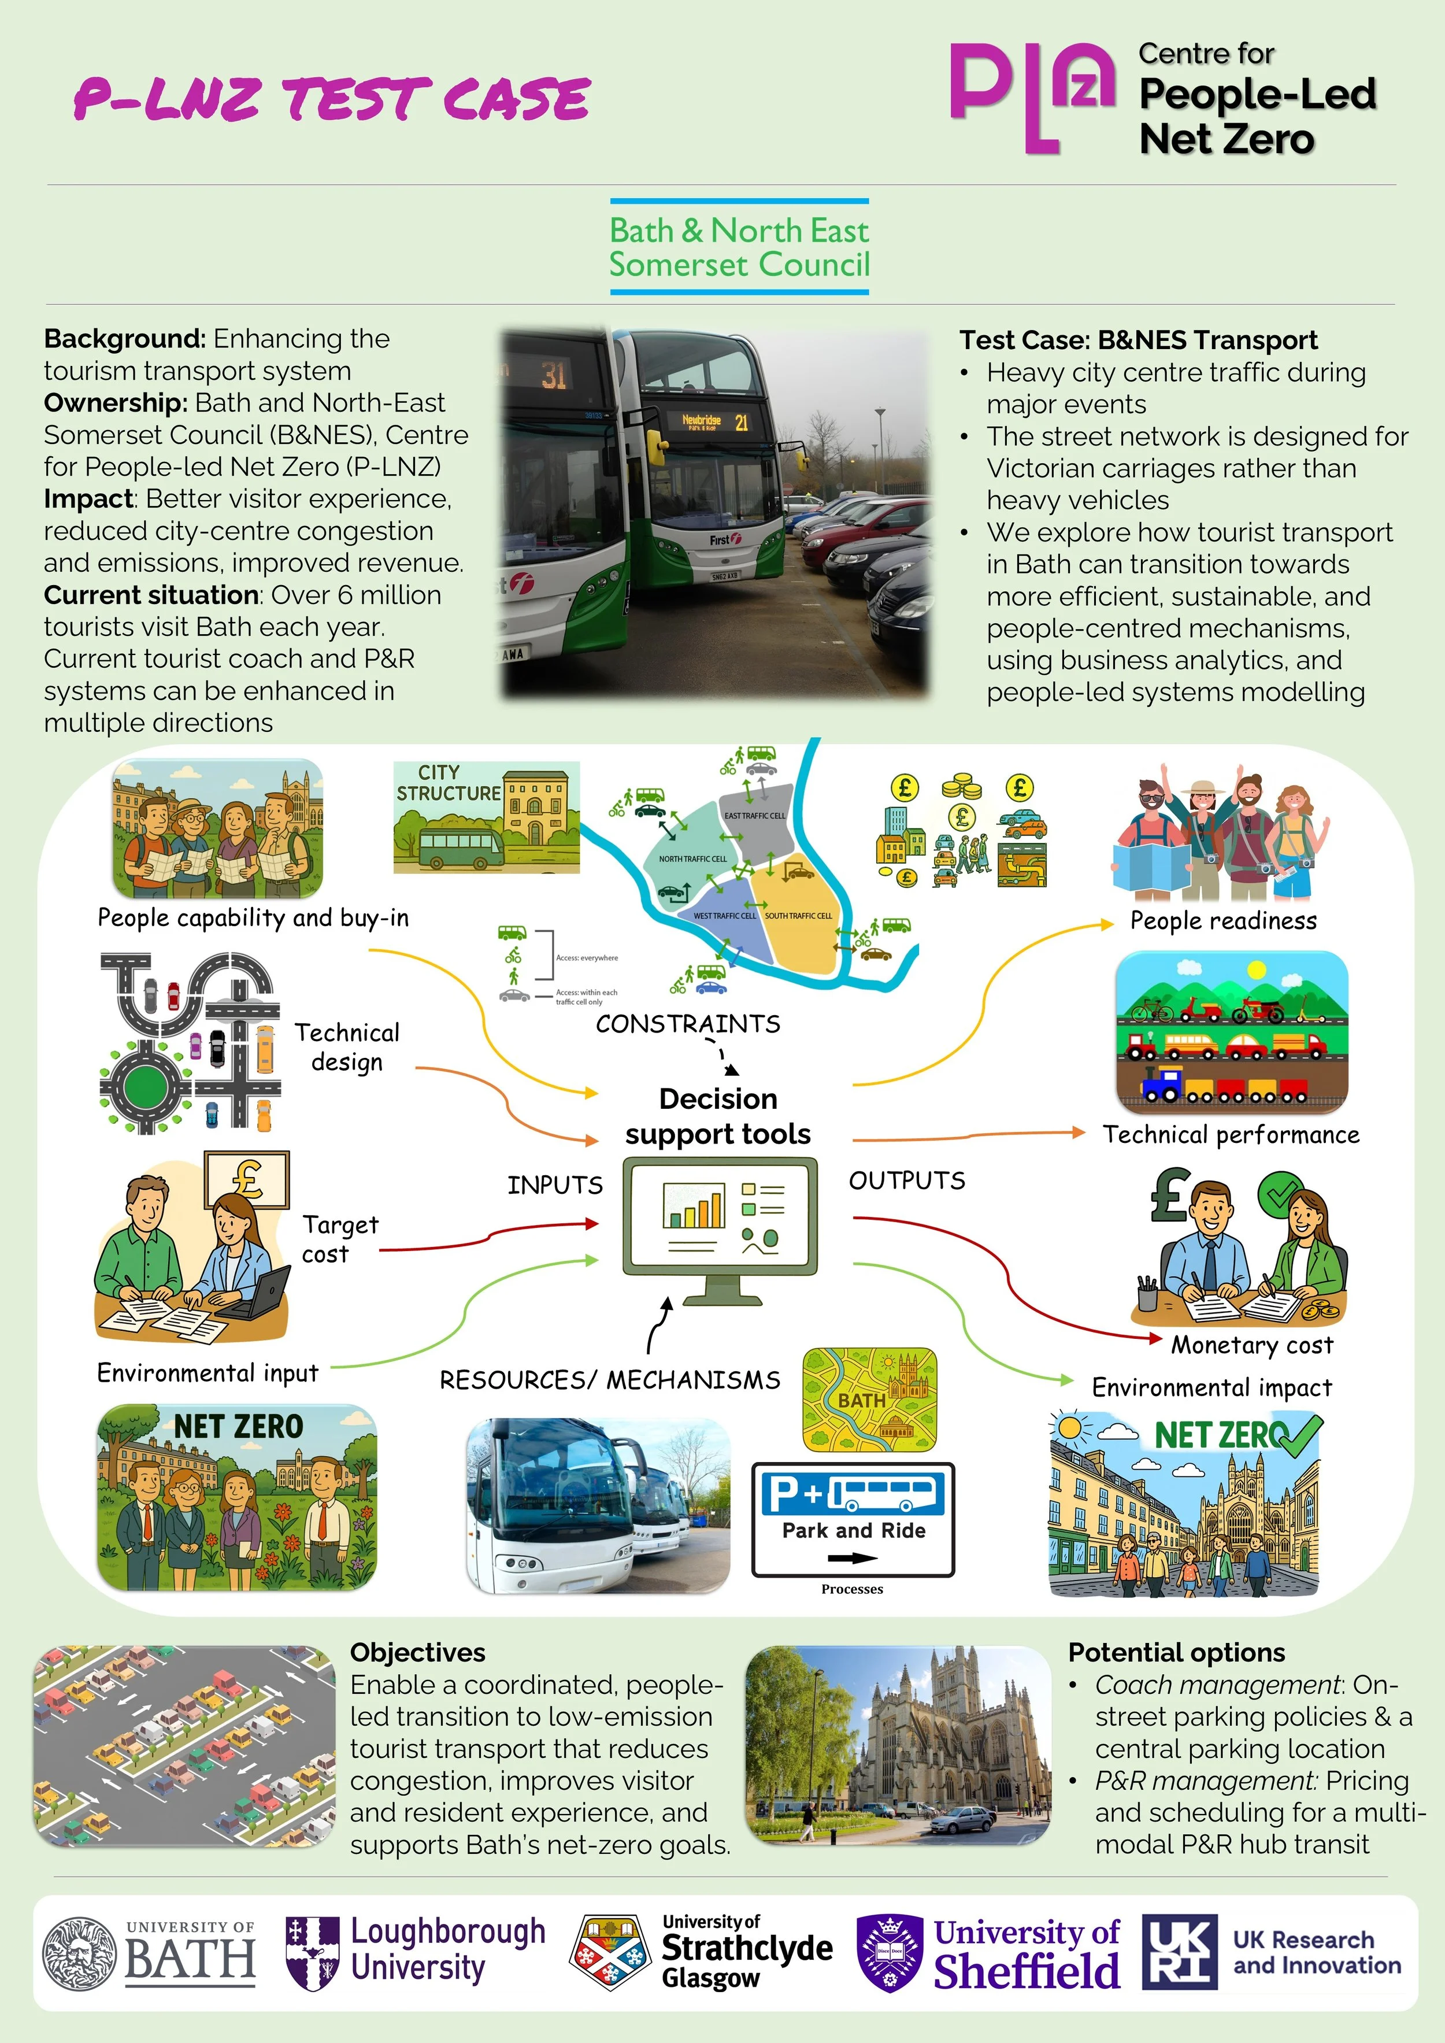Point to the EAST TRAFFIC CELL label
tap(754, 815)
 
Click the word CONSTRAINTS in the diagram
tap(688, 1024)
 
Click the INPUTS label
tap(554, 1185)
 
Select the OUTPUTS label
tap(907, 1181)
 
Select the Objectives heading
tap(417, 1652)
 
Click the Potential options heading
tap(1176, 1652)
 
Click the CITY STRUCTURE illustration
tap(486, 817)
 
